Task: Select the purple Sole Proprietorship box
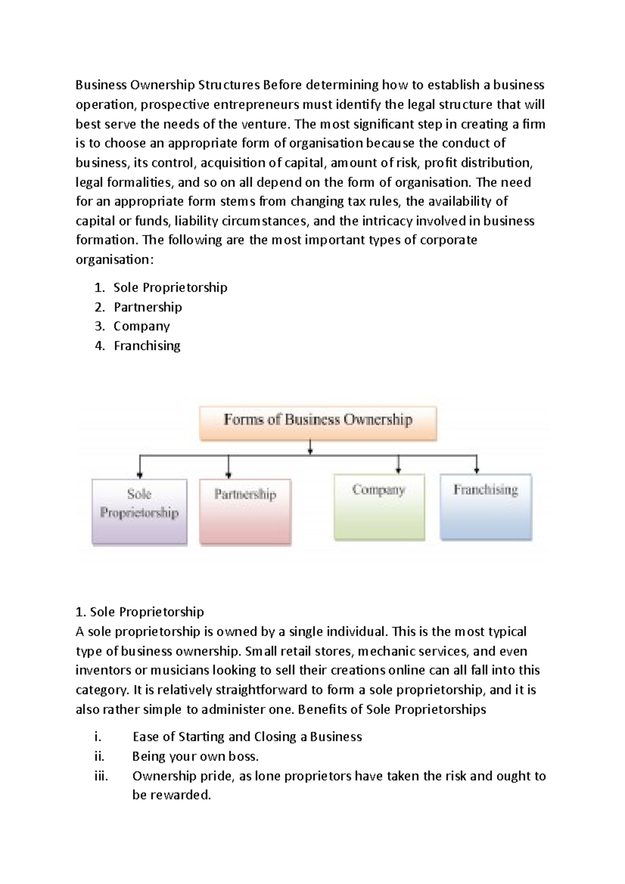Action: click(x=139, y=511)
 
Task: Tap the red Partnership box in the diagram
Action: click(x=245, y=512)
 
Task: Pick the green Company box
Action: click(x=379, y=507)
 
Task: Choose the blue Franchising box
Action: click(x=485, y=507)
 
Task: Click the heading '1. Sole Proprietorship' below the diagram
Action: click(x=140, y=611)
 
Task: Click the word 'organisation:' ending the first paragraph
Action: click(x=115, y=259)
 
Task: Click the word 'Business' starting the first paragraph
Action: click(x=101, y=85)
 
